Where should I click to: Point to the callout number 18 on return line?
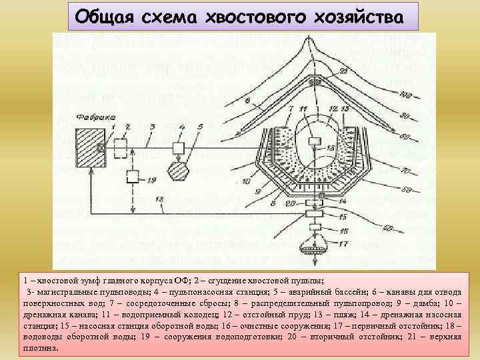pyautogui.click(x=158, y=199)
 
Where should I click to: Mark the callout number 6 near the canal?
pyautogui.click(x=248, y=101)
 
